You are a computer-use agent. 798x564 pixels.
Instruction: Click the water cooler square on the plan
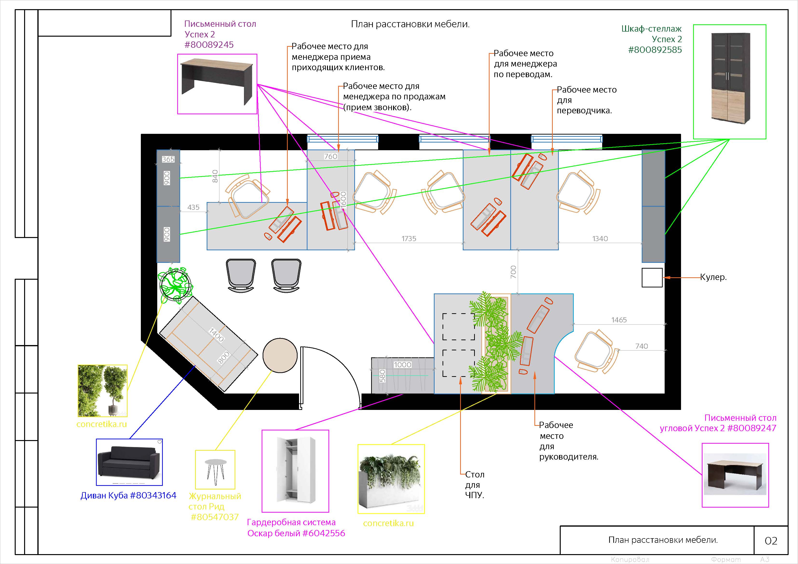point(652,278)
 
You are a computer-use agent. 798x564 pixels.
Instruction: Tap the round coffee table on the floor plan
point(280,355)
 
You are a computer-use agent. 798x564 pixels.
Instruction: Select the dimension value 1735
point(409,239)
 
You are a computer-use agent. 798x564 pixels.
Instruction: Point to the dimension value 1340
point(600,239)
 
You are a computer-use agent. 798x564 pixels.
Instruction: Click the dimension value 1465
point(619,320)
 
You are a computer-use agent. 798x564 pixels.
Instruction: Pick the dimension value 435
point(194,207)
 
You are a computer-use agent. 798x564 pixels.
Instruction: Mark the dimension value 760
point(331,156)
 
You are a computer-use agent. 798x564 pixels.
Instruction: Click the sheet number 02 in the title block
point(771,541)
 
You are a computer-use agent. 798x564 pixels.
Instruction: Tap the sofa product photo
point(129,462)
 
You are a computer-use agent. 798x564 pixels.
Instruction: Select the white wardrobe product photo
point(295,471)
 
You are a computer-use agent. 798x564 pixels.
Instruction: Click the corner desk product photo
point(735,475)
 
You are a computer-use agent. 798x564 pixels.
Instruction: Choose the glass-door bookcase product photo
point(730,82)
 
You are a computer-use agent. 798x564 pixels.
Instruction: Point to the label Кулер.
point(713,277)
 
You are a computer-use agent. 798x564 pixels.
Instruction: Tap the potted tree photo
point(102,391)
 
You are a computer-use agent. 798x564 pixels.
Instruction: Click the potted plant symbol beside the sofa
point(176,284)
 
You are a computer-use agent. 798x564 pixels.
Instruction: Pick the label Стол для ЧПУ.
point(475,485)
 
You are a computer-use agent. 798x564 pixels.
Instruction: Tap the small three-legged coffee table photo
point(215,469)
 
